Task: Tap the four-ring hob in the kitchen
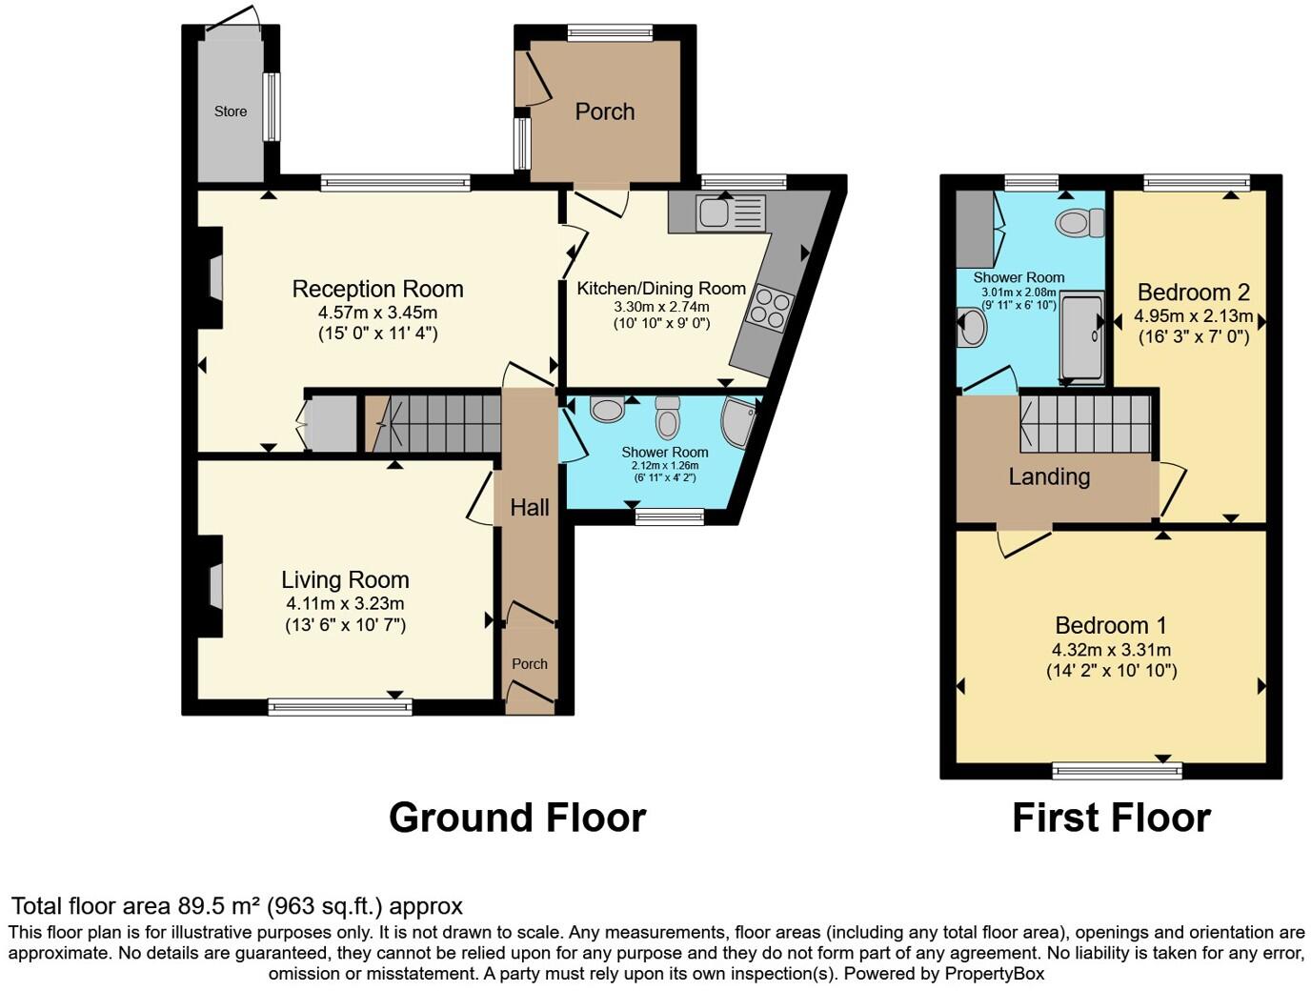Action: coord(772,308)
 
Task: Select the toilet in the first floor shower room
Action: coord(1079,223)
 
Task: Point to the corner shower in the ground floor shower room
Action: coord(740,422)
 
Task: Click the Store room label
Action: coord(231,111)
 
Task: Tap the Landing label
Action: coord(1049,476)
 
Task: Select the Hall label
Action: coord(530,508)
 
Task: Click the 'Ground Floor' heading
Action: coord(517,818)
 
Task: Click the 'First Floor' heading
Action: coord(1111,818)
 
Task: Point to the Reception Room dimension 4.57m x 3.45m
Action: coord(378,313)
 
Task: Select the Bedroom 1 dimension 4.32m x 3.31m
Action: coord(1111,650)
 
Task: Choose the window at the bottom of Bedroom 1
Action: coord(1118,770)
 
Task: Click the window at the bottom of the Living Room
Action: coord(340,706)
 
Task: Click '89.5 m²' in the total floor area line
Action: coord(218,906)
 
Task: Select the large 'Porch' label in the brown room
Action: coord(605,111)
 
